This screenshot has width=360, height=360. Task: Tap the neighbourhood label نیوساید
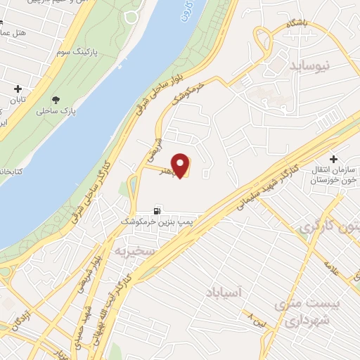pos(309,65)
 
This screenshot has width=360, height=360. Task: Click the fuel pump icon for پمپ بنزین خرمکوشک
pos(157,210)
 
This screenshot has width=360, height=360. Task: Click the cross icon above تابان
pos(18,89)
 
